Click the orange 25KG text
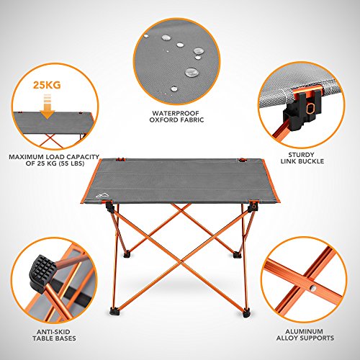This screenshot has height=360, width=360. (x=47, y=85)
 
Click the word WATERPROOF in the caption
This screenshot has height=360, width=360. (x=176, y=113)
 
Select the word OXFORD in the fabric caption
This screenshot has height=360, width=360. (x=163, y=120)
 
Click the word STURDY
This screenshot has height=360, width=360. (x=301, y=155)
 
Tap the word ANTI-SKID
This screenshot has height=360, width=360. (x=53, y=332)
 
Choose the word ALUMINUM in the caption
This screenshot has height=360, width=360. (x=304, y=331)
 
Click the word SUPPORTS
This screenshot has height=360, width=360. (x=316, y=338)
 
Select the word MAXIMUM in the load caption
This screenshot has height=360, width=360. (x=26, y=157)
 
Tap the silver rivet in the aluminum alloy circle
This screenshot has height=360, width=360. (x=312, y=289)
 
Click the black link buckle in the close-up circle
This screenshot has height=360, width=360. (x=302, y=109)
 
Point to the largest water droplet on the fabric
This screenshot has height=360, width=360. (x=192, y=72)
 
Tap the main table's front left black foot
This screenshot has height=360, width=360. (x=114, y=311)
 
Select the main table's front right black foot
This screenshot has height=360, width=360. (x=246, y=312)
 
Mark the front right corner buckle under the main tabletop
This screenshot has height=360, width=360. (x=253, y=206)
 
